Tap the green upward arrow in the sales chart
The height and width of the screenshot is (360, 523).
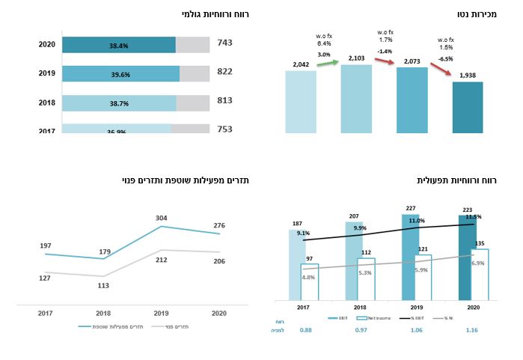tap(327, 63)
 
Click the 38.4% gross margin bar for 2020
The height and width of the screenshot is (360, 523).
tap(118, 45)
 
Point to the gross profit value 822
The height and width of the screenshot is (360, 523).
tap(224, 72)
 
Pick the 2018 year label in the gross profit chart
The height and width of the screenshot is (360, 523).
tap(46, 103)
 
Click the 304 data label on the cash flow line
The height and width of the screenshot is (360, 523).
tap(161, 218)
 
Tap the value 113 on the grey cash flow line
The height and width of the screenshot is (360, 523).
tap(103, 285)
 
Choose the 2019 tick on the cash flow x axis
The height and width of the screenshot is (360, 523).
tap(161, 313)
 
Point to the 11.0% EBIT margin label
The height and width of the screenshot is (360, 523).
tap(416, 221)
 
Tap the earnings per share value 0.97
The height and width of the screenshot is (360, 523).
tap(361, 330)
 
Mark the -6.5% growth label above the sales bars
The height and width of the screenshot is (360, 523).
tap(444, 58)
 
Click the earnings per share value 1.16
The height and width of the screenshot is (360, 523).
tap(471, 330)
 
